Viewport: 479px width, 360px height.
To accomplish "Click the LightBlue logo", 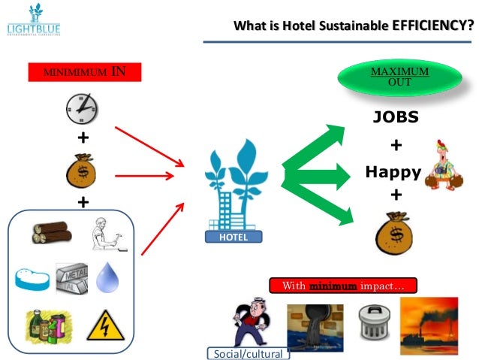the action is [32, 20].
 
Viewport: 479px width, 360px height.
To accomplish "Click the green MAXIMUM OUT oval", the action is [399, 77].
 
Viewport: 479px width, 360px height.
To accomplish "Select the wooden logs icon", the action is [50, 234].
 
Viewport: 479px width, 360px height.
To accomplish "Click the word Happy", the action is [393, 172].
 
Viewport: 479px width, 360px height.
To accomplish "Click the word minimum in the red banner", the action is [327, 286].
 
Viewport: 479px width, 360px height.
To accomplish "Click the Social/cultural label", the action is [247, 353].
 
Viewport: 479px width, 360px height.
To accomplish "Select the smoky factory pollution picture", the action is [428, 324].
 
